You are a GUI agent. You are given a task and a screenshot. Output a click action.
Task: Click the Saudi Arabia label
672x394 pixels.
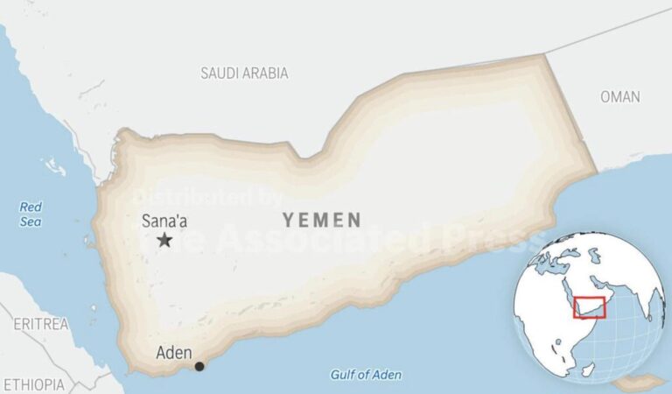pos(244,74)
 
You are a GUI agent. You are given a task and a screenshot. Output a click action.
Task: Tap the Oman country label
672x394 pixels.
pos(620,97)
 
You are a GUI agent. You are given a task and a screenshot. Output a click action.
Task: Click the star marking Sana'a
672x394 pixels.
pos(164,240)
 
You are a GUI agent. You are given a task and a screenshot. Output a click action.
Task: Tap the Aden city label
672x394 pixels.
pos(174,353)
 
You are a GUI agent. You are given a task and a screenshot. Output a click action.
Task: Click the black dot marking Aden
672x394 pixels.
pos(199,366)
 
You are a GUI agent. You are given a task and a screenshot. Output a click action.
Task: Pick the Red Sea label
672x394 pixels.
pos(31,215)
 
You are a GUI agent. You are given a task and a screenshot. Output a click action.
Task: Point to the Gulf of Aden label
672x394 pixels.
pos(366,375)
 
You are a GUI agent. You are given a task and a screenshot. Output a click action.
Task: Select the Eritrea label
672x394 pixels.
pos(40,324)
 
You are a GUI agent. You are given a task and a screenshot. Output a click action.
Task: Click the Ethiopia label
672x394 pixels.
pos(33,384)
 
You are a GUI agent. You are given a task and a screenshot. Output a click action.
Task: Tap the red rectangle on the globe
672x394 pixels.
pos(589,308)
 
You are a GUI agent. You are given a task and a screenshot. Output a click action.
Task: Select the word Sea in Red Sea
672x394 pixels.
pos(31,222)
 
